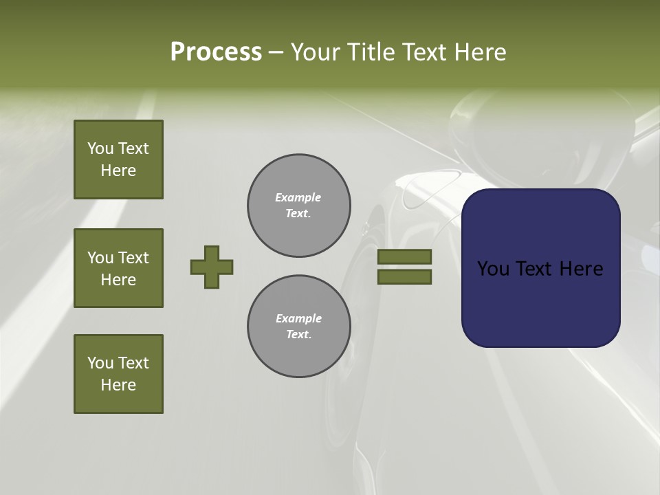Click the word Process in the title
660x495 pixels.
point(216,52)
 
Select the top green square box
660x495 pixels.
point(118,159)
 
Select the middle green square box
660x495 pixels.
point(118,268)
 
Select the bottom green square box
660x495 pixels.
point(118,374)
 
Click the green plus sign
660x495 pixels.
point(212,267)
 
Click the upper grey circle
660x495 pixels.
point(299,206)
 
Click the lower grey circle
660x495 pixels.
point(299,327)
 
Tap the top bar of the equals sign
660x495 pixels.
point(404,256)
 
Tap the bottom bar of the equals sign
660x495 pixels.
point(404,276)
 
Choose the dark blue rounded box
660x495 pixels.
point(540,302)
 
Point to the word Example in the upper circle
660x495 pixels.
point(298,197)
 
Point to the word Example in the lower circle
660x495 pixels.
point(298,318)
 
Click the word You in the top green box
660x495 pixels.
point(101,148)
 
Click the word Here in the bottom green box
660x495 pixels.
point(118,385)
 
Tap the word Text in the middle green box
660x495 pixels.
point(133,258)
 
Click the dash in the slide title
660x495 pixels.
point(276,52)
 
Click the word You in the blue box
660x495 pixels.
point(492,269)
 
